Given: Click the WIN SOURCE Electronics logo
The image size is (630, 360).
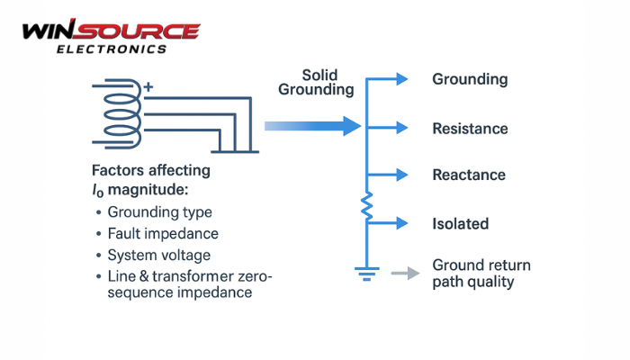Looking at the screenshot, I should point(109,37).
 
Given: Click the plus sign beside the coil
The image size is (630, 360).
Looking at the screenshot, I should point(148,87).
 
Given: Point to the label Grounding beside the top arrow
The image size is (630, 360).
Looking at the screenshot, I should point(470,79).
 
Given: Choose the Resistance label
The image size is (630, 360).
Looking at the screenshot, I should point(470,129).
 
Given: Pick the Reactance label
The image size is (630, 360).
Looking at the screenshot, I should point(469,175).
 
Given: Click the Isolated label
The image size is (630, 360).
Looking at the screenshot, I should point(460,222).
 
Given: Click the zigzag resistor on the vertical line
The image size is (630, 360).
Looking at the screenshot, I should point(366,209).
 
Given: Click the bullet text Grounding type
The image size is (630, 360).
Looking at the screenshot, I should point(160,213).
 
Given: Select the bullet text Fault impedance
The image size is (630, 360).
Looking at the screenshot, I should point(163,234).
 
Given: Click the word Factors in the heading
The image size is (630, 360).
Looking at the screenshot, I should point(120,171).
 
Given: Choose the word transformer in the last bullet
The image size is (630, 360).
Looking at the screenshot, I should point(202,276).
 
